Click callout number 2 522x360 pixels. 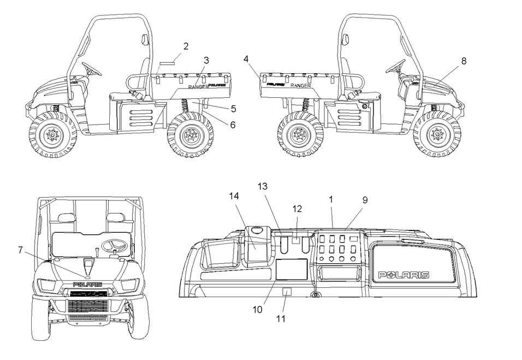[x=186, y=46]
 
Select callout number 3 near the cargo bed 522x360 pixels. [x=206, y=60]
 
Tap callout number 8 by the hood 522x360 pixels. [x=464, y=61]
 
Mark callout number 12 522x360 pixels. [x=296, y=208]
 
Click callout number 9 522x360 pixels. [x=365, y=200]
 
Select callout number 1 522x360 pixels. [x=331, y=200]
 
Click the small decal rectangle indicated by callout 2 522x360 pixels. [x=165, y=63]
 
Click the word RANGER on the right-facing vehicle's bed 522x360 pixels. [x=301, y=86]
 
